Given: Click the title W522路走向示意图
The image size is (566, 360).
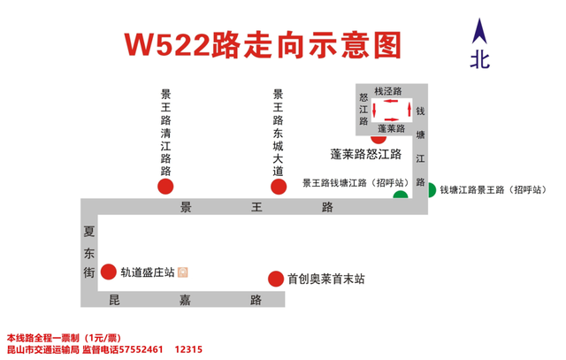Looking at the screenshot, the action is coord(263,45).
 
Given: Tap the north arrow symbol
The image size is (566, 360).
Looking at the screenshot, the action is coord(479,32).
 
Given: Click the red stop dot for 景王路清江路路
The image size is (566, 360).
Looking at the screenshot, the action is coord(165,187).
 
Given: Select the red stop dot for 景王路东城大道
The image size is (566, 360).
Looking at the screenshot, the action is coord(279,187).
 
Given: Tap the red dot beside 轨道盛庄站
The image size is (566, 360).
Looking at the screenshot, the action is coord(108,272).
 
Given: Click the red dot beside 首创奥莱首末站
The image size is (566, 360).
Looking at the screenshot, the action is coord(276,279).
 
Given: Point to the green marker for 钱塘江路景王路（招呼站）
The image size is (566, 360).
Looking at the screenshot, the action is coord(432,190).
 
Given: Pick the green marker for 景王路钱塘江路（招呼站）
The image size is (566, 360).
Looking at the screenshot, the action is coord(401,195).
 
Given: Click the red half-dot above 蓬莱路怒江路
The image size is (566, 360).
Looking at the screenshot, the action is coord(379,139).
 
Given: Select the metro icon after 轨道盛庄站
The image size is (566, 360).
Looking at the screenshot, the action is coord(183,272).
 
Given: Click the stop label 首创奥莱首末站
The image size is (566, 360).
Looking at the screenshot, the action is coord(326,279).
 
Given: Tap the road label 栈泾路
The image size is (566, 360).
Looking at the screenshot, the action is coord(388,91).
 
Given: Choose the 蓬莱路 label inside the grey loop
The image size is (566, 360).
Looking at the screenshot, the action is coord(391,128).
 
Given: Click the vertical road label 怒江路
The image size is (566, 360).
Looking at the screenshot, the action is coord(363,109).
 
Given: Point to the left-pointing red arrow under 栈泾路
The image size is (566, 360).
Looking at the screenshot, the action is coord(391,101).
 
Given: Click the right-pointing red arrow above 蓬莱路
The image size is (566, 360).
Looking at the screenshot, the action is coord(392,119).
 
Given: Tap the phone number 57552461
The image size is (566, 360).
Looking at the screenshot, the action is coord(141,349).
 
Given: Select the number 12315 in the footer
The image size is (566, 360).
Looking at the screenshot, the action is coord(188,349).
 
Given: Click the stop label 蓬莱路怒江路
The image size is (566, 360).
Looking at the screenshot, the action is coord(365,154).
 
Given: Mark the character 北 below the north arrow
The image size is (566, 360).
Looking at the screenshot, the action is coord(479,60).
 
